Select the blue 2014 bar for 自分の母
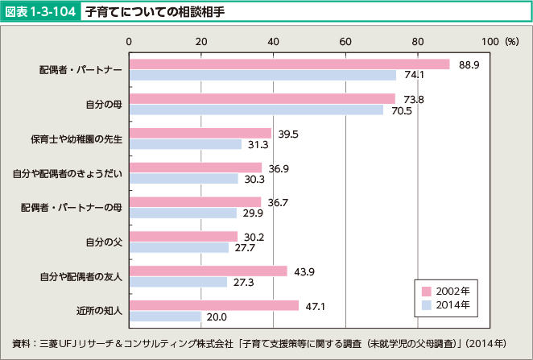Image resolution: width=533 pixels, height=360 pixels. [256, 110]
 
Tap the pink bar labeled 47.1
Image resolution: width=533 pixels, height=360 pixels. [214, 306]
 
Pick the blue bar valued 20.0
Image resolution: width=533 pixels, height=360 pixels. [165, 317]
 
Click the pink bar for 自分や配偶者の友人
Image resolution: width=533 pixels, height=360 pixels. [209, 271]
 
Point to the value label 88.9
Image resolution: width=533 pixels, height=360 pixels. [469, 64]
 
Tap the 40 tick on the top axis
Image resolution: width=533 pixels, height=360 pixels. [273, 40]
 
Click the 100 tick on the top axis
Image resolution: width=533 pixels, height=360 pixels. [490, 40]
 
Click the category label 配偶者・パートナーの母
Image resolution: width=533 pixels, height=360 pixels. [72, 208]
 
